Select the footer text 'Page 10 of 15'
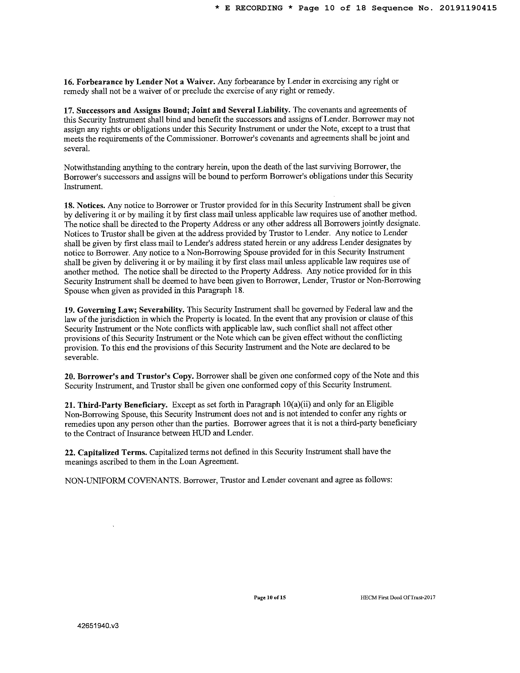270,597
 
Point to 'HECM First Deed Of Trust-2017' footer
398,597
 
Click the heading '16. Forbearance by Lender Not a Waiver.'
139,82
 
